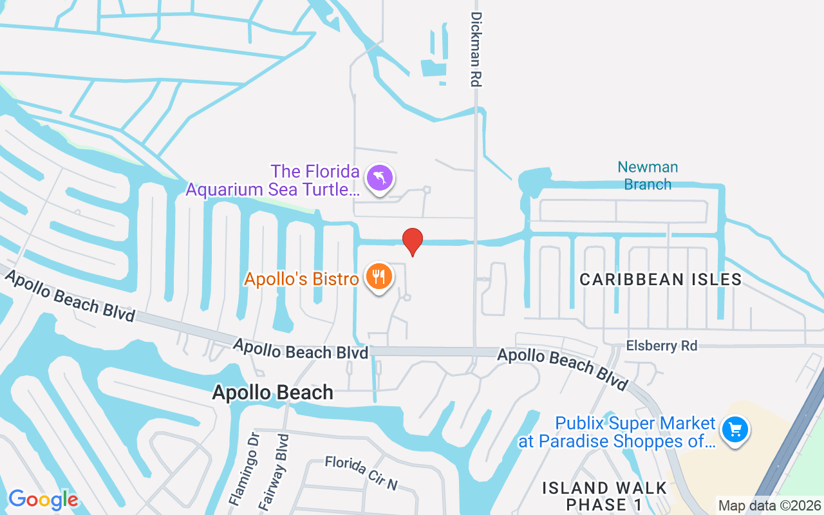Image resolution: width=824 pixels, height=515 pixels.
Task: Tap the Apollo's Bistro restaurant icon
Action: [x=379, y=276]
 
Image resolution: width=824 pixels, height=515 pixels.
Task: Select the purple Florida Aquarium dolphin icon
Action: [x=380, y=178]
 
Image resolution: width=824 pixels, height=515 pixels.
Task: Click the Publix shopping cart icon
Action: [x=735, y=429]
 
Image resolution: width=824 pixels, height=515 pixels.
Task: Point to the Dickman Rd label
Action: [x=476, y=49]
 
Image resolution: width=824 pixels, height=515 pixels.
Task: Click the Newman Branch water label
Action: [x=648, y=176]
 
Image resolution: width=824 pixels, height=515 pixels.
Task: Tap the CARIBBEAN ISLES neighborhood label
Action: [x=660, y=279]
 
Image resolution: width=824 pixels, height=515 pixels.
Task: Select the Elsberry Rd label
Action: [x=661, y=346]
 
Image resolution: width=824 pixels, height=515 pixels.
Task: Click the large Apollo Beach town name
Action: [x=273, y=392]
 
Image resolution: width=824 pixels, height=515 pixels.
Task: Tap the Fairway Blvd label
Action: [x=274, y=473]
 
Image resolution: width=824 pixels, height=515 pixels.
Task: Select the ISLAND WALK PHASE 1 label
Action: [x=604, y=496]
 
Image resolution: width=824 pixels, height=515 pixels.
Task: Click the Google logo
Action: [x=43, y=499]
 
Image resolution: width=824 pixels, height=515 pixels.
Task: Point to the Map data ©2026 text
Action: [x=769, y=505]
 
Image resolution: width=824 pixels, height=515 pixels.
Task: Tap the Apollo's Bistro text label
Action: [x=301, y=279]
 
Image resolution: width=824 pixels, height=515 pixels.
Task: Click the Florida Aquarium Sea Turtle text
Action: [x=272, y=181]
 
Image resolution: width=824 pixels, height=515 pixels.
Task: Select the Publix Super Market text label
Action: [x=635, y=424]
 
